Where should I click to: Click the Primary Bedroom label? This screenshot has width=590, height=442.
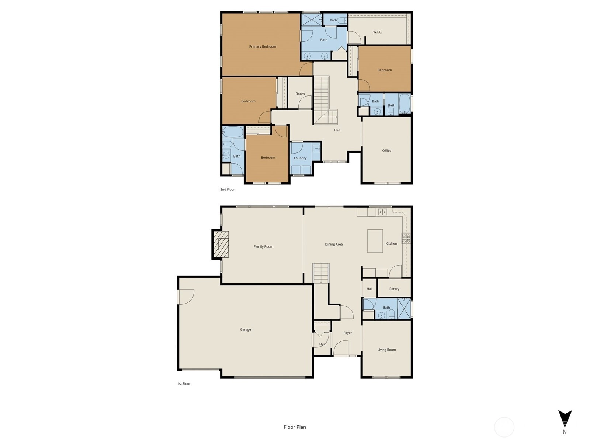(x=262, y=46)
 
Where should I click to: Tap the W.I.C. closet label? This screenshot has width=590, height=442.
(x=377, y=32)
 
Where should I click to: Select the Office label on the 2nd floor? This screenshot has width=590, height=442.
(x=386, y=151)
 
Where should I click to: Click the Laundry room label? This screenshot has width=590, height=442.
(x=300, y=158)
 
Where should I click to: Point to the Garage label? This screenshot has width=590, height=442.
(x=245, y=330)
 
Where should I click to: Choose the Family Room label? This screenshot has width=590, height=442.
(x=263, y=247)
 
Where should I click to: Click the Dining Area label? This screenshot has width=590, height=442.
(x=334, y=245)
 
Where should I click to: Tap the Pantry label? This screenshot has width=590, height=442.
(x=394, y=289)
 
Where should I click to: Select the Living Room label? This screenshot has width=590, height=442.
(x=386, y=350)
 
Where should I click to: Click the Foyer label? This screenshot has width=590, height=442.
(x=347, y=333)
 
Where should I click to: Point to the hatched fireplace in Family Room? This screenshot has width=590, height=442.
(x=221, y=245)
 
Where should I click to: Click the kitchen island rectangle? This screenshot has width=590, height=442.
(x=375, y=241)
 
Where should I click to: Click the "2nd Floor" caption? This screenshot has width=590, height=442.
(x=228, y=189)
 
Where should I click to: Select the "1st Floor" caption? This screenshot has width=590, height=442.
(x=184, y=384)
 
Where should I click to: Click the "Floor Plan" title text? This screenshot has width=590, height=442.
(x=295, y=427)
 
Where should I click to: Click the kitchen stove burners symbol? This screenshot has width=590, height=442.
(x=406, y=238)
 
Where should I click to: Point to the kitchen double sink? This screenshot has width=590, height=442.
(x=382, y=212)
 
